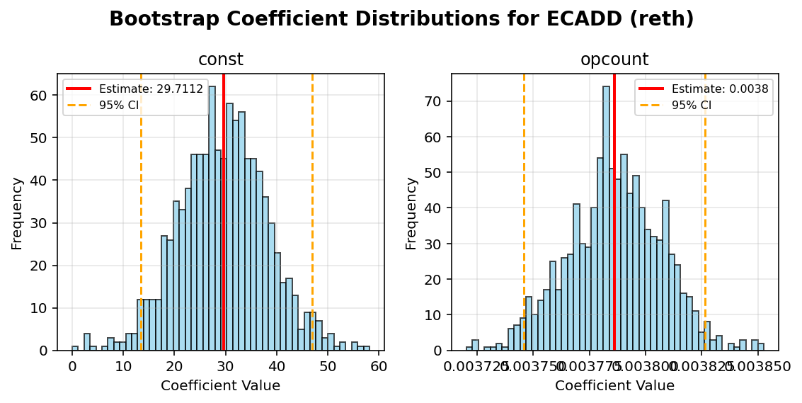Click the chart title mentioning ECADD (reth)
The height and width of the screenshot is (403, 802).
click(x=401, y=19)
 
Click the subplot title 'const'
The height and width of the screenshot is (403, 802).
click(x=221, y=60)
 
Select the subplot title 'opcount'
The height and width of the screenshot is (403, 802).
click(x=614, y=60)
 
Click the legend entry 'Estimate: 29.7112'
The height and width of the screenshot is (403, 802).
click(x=151, y=89)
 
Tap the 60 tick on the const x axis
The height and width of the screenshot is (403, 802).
click(x=378, y=366)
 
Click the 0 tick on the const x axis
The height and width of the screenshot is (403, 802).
click(x=72, y=366)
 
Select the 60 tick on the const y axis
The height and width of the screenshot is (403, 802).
click(x=42, y=96)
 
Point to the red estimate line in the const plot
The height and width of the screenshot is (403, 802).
click(x=224, y=212)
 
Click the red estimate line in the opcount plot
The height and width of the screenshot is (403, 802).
click(x=614, y=212)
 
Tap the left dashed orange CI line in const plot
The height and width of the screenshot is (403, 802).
click(x=141, y=212)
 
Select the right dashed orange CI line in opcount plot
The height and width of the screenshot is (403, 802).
click(x=705, y=212)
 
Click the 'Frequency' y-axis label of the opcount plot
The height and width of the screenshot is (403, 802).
click(x=411, y=213)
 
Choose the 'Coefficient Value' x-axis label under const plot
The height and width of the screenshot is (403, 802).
click(x=220, y=386)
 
